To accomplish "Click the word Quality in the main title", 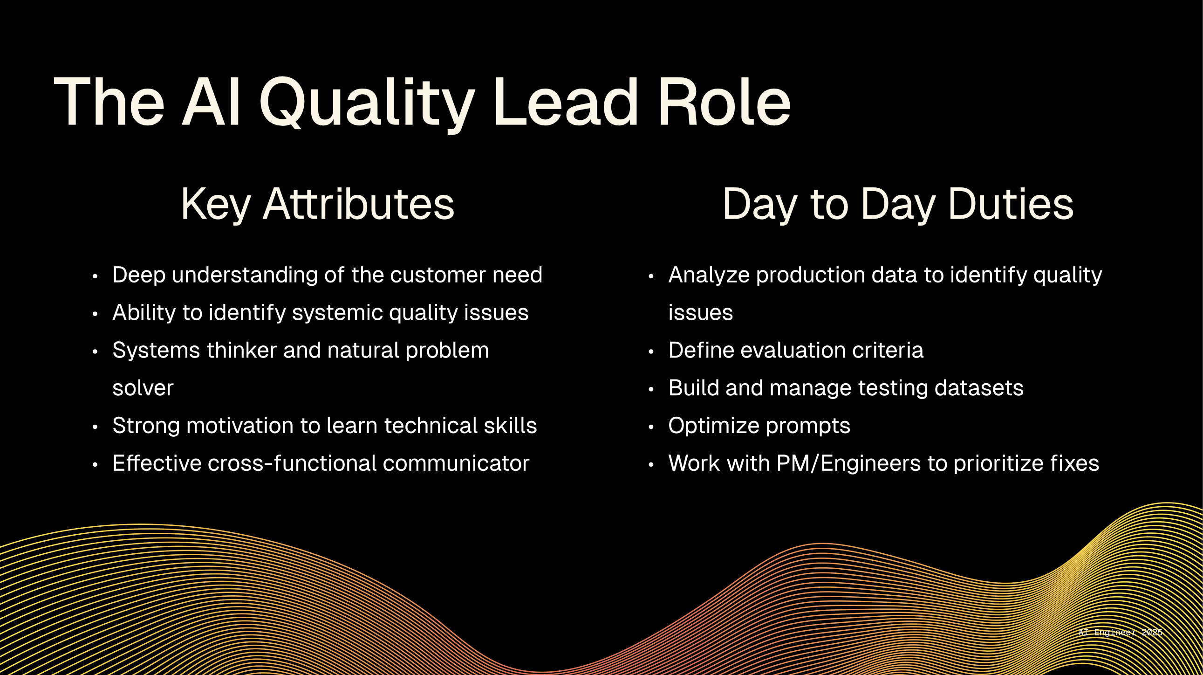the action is coord(367,103).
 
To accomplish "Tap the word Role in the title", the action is coord(725,102).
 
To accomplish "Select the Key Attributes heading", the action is coord(318,205).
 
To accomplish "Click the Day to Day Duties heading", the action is coord(897,205).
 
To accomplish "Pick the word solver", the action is coord(143,389).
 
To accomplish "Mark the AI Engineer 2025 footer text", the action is coord(1120,633).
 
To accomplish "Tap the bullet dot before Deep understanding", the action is coord(95,276).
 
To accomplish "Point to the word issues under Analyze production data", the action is coord(700,313).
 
